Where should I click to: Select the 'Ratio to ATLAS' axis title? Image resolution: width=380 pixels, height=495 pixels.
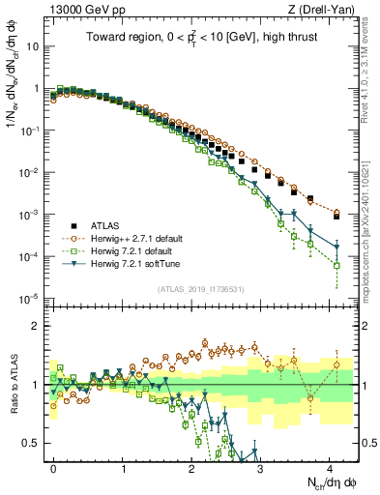(x=15, y=385)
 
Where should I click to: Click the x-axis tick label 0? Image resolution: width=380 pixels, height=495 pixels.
(x=54, y=466)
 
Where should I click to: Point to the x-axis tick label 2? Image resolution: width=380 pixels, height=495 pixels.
(x=192, y=466)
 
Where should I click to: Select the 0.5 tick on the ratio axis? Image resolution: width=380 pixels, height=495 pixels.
(x=34, y=444)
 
